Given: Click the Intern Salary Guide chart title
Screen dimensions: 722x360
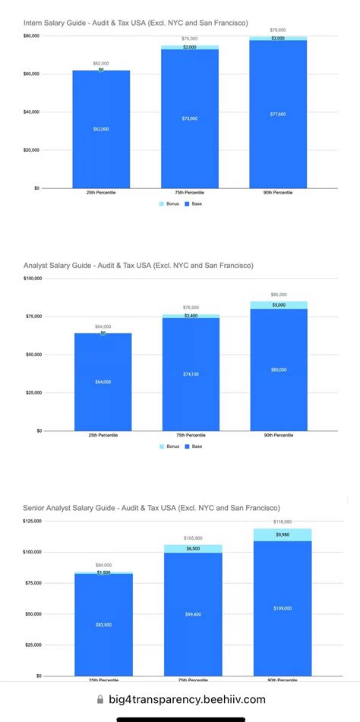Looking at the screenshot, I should click(x=135, y=23).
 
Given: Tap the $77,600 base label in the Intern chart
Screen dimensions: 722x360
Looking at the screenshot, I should click(x=277, y=113).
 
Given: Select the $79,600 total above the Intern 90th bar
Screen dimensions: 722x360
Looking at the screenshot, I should click(x=277, y=30).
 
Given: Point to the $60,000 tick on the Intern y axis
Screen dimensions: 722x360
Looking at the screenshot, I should click(x=32, y=74).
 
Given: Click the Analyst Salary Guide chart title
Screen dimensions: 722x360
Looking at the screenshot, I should click(x=138, y=266).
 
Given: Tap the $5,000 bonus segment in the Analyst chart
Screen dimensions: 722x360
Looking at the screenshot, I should click(x=279, y=305).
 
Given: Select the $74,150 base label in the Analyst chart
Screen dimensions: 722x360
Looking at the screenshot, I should click(x=191, y=374).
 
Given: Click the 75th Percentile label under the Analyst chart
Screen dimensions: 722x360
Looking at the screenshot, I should click(x=191, y=435).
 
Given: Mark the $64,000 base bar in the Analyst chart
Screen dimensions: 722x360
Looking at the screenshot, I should click(x=103, y=382).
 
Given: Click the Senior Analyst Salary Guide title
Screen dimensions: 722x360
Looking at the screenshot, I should click(x=152, y=508).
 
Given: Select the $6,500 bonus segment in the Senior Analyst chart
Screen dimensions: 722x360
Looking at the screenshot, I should click(x=193, y=548).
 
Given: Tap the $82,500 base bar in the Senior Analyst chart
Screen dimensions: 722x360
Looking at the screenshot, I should click(x=103, y=624).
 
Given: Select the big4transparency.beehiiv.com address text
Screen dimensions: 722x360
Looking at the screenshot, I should click(x=187, y=700).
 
